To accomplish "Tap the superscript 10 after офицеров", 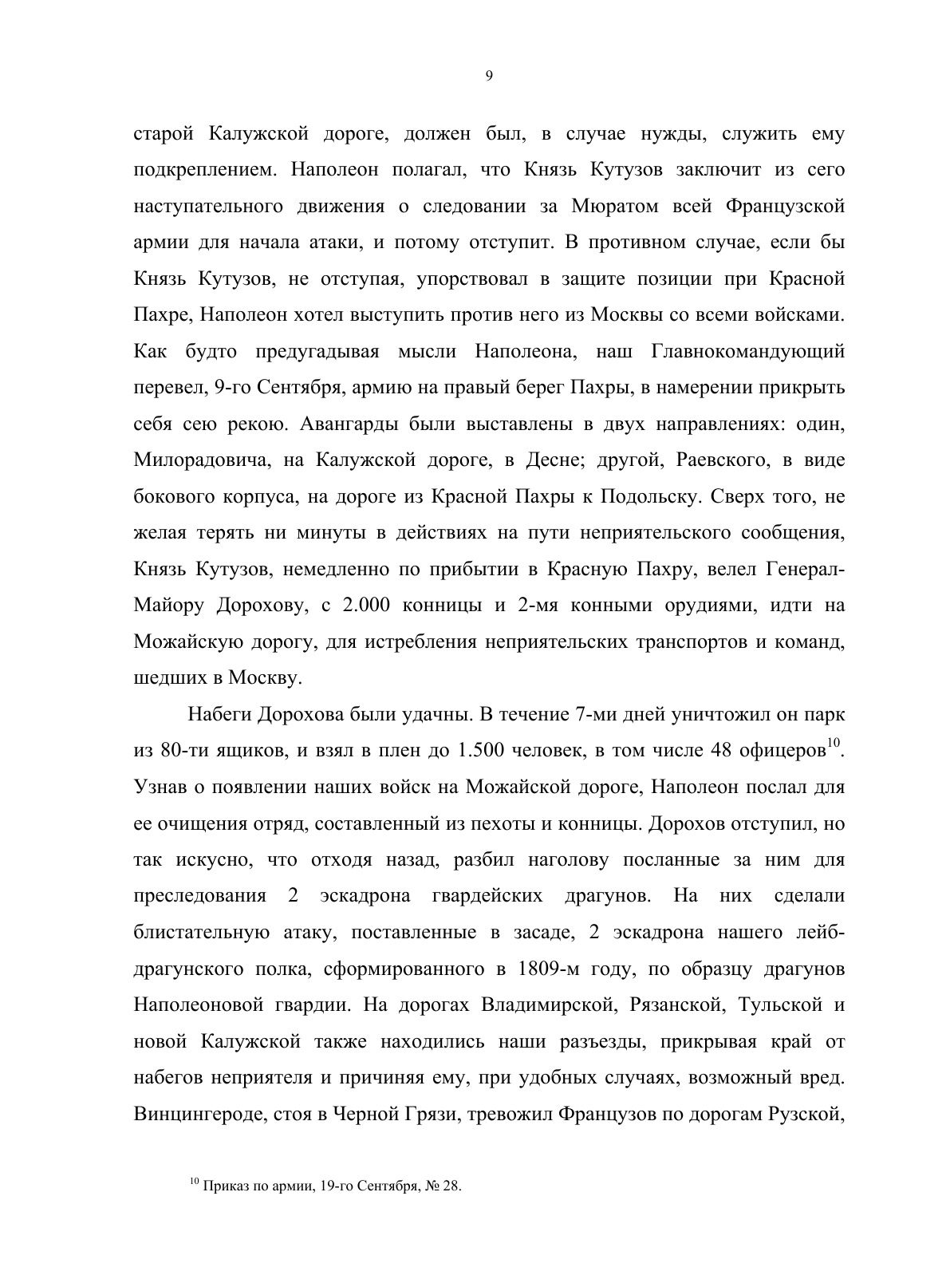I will coord(834,744).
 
